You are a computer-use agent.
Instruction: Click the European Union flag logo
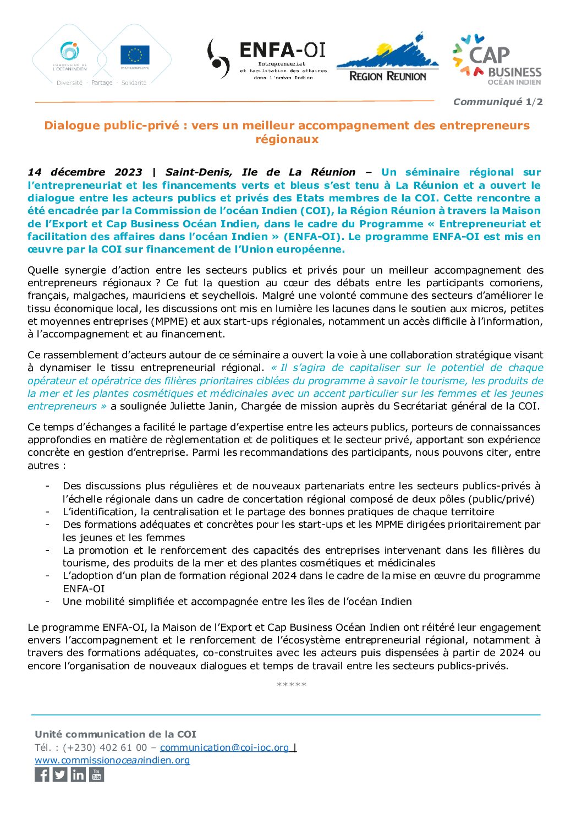(135, 55)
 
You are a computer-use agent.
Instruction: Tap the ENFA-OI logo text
(283, 51)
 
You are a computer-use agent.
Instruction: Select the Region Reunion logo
(387, 59)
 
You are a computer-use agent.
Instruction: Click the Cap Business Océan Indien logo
(497, 60)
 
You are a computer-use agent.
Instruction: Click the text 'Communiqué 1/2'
(497, 102)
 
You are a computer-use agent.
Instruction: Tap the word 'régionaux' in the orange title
(287, 139)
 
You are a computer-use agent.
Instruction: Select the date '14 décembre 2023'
(85, 172)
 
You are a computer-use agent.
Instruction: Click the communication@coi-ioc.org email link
(224, 747)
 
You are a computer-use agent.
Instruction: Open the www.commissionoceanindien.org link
(112, 760)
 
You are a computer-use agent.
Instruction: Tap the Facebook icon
(42, 775)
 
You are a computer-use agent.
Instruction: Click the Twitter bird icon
(60, 775)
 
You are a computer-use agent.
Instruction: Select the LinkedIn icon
(79, 775)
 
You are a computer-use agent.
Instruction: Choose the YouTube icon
(97, 775)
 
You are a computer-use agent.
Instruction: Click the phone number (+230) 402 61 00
(105, 747)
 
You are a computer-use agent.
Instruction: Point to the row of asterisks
(291, 685)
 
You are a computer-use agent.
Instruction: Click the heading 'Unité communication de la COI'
(116, 734)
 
